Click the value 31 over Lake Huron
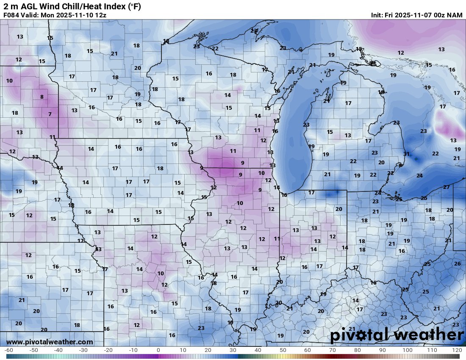pos(406,154)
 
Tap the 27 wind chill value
pos(447,187)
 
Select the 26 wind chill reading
pos(457,264)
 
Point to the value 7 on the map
pos(50,114)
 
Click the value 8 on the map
pos(42,97)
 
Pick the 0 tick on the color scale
pos(158,350)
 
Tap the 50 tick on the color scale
pos(283,350)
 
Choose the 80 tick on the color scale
pos(358,350)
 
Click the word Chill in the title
pos(71,6)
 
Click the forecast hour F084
pos(11,15)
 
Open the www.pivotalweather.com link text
pos(50,342)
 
